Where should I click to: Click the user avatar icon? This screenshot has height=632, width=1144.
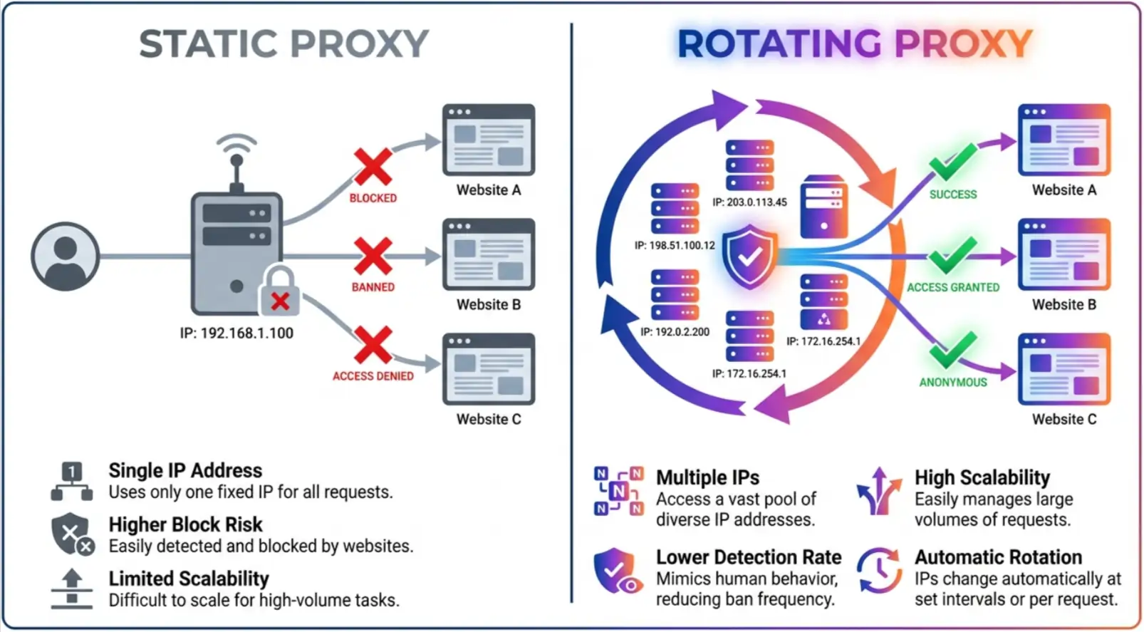click(65, 256)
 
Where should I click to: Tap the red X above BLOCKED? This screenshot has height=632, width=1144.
click(373, 167)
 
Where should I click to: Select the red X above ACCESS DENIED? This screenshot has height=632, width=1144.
click(373, 346)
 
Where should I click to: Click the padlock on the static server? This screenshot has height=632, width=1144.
click(280, 292)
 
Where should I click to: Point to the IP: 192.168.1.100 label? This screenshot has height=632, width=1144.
click(236, 333)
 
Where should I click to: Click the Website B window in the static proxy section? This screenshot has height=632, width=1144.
click(489, 254)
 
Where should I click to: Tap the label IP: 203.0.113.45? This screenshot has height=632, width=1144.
click(749, 202)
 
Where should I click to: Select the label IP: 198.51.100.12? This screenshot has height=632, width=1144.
click(675, 245)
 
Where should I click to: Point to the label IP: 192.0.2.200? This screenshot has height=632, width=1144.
click(675, 332)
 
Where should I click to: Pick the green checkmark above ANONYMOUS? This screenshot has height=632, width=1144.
click(952, 350)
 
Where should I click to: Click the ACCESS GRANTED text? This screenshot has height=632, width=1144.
click(952, 287)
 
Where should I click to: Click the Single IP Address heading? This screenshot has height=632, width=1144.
click(185, 470)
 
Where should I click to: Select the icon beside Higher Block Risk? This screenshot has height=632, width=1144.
click(72, 534)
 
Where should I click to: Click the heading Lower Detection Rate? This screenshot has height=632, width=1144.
click(748, 556)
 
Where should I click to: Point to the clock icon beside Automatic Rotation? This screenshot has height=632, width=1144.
click(879, 570)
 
